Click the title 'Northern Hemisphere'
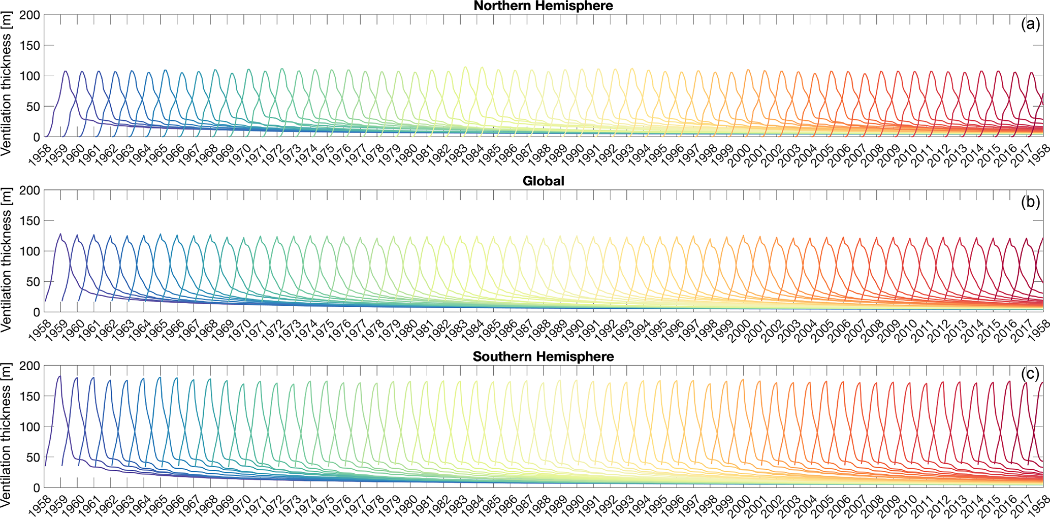point(543,6)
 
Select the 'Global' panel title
point(543,181)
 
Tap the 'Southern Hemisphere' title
point(543,356)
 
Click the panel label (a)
point(1030,24)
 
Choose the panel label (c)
point(1030,374)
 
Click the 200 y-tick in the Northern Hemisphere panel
point(29,15)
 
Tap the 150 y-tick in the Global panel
point(29,220)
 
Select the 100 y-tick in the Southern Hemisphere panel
point(29,427)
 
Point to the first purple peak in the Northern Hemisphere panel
point(66,71)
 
